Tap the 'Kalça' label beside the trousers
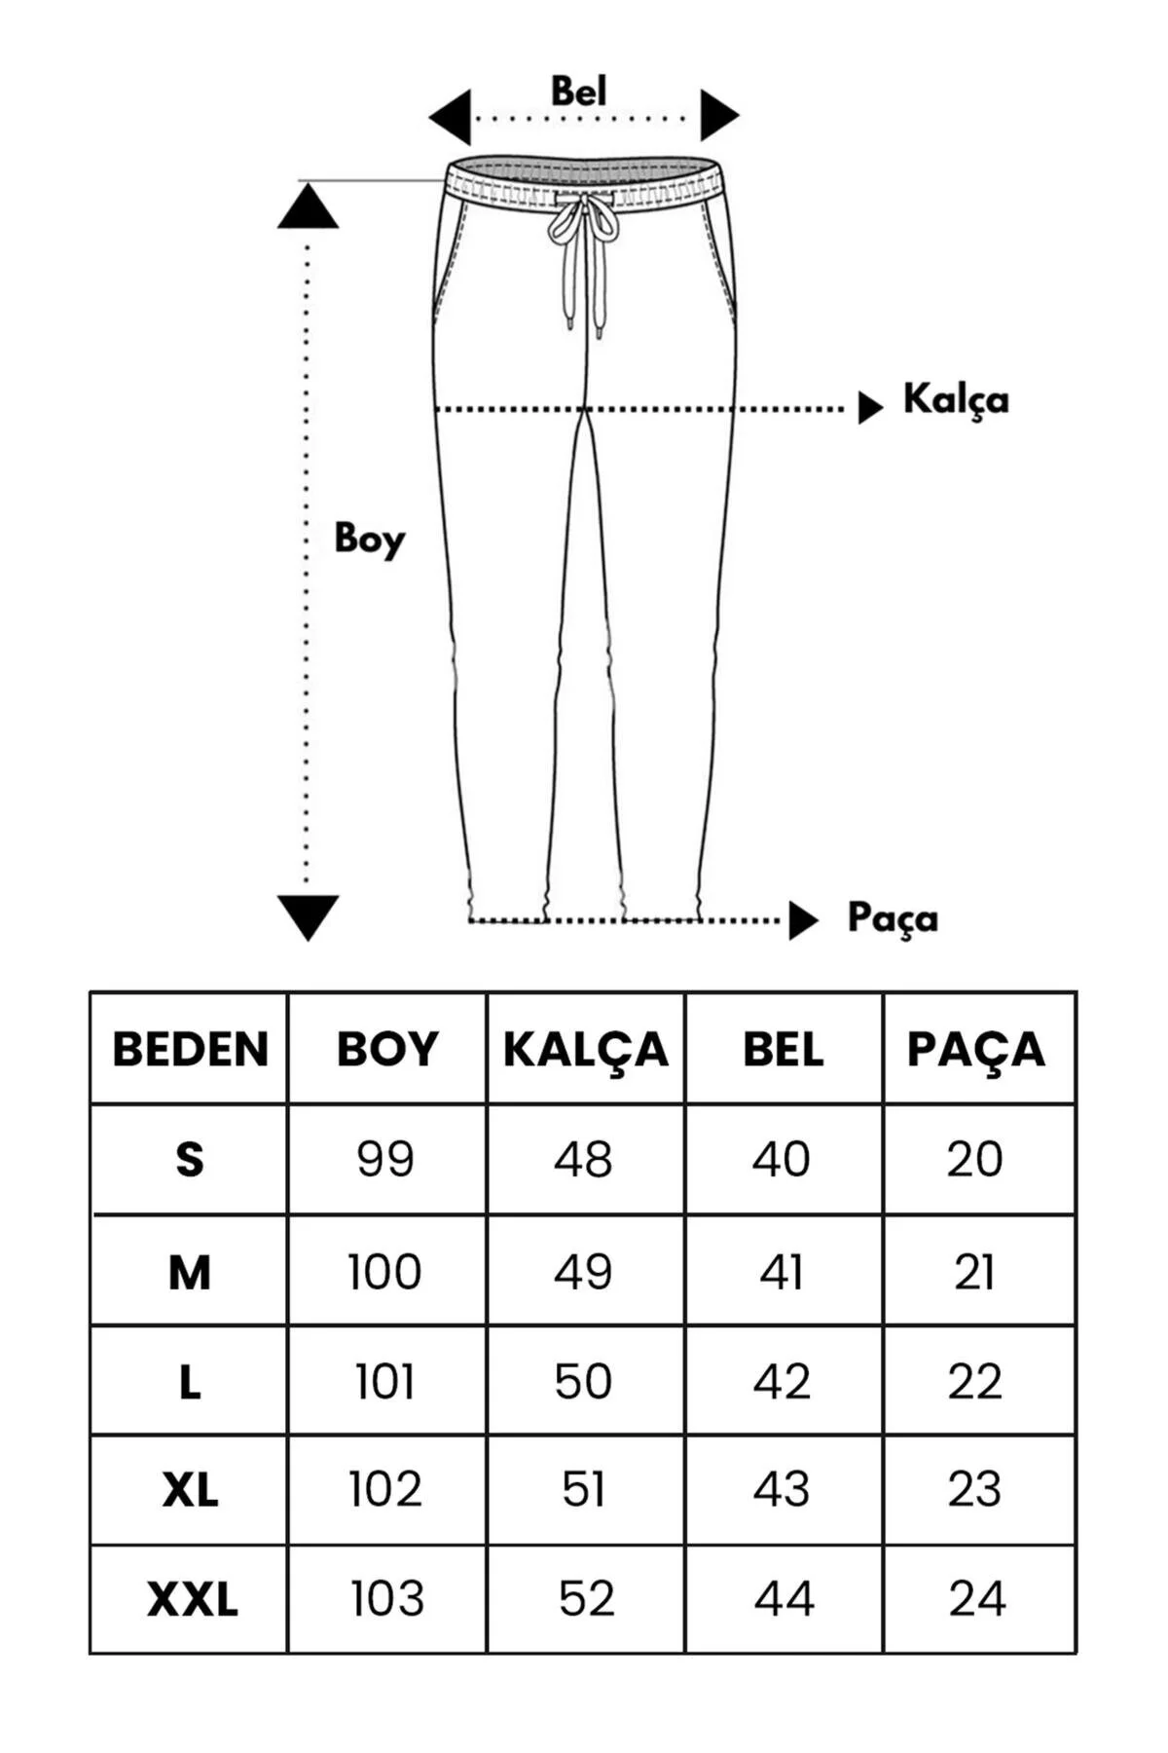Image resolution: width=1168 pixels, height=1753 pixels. pyautogui.click(x=956, y=399)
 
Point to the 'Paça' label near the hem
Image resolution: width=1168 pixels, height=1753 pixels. pyautogui.click(x=893, y=918)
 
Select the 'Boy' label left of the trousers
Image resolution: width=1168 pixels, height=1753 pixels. pyautogui.click(x=369, y=539)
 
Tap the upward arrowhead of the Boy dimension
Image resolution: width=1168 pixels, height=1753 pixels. pyautogui.click(x=308, y=206)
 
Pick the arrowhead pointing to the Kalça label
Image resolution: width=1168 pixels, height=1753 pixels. pyautogui.click(x=870, y=407)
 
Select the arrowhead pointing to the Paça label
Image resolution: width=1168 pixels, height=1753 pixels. pyautogui.click(x=803, y=920)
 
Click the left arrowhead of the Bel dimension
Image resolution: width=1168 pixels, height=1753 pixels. pyautogui.click(x=450, y=118)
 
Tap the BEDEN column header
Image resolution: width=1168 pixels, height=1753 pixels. pyautogui.click(x=191, y=1050)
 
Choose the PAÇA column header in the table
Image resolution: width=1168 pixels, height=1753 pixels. pyautogui.click(x=976, y=1050)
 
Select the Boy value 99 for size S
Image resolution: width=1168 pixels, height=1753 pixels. pyautogui.click(x=385, y=1159)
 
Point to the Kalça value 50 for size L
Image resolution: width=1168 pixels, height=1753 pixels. pyautogui.click(x=583, y=1381)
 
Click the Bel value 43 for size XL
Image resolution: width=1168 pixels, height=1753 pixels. pyautogui.click(x=782, y=1490)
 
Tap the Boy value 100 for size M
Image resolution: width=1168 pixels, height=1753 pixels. pyautogui.click(x=384, y=1272)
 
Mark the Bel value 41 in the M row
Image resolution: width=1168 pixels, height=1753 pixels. pyautogui.click(x=782, y=1272)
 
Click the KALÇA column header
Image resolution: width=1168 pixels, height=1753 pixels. pyautogui.click(x=586, y=1050)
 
